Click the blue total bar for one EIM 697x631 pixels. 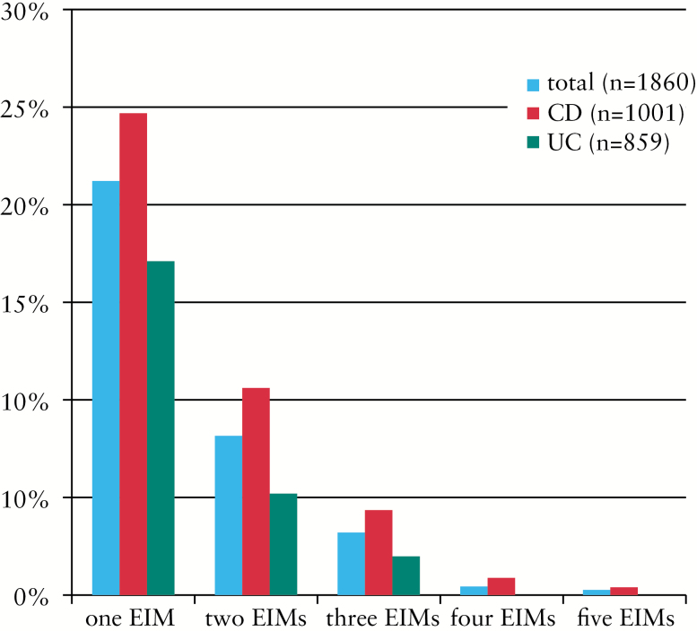tap(105, 387)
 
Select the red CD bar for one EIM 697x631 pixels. tap(133, 354)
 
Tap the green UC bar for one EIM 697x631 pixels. tap(161, 428)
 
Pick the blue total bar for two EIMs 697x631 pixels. tap(228, 514)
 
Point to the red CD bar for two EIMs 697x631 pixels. tap(256, 491)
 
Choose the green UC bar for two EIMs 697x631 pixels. tap(283, 543)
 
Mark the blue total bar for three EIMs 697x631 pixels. tap(351, 563)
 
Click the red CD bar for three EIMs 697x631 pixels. tap(379, 552)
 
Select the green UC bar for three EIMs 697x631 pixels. tap(406, 575)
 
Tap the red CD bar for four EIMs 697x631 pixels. tap(501, 586)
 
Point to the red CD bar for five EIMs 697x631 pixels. tap(623, 591)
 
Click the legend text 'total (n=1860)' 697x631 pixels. tap(620, 84)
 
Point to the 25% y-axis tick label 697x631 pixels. tap(26, 108)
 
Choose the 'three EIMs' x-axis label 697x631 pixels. tap(382, 618)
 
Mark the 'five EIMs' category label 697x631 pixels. tap(625, 618)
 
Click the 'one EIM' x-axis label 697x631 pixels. tap(129, 618)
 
